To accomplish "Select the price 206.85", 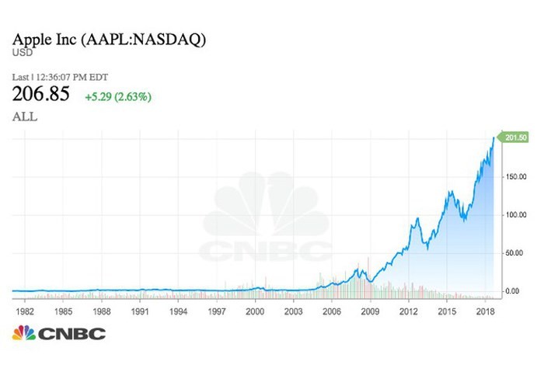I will (x=40, y=95).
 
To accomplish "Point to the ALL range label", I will (x=24, y=116).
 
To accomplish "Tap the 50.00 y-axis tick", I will (x=513, y=253).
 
